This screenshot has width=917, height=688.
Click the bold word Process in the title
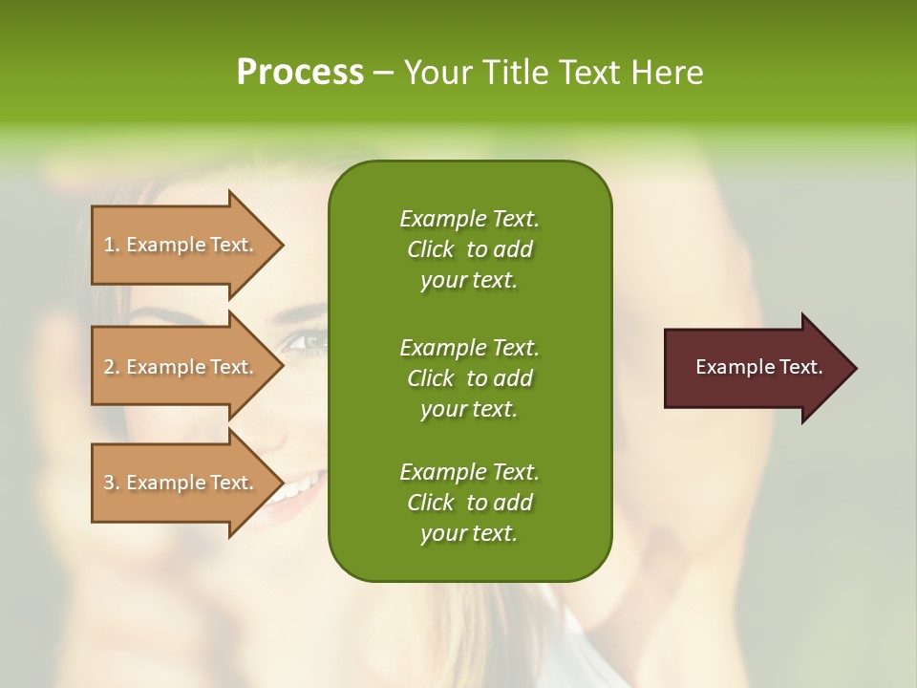tap(300, 72)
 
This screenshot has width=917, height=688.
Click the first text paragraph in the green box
tap(469, 249)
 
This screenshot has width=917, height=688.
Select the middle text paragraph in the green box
tap(469, 378)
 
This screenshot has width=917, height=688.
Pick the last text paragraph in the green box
tap(469, 503)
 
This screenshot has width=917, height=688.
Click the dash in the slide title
tap(383, 73)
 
